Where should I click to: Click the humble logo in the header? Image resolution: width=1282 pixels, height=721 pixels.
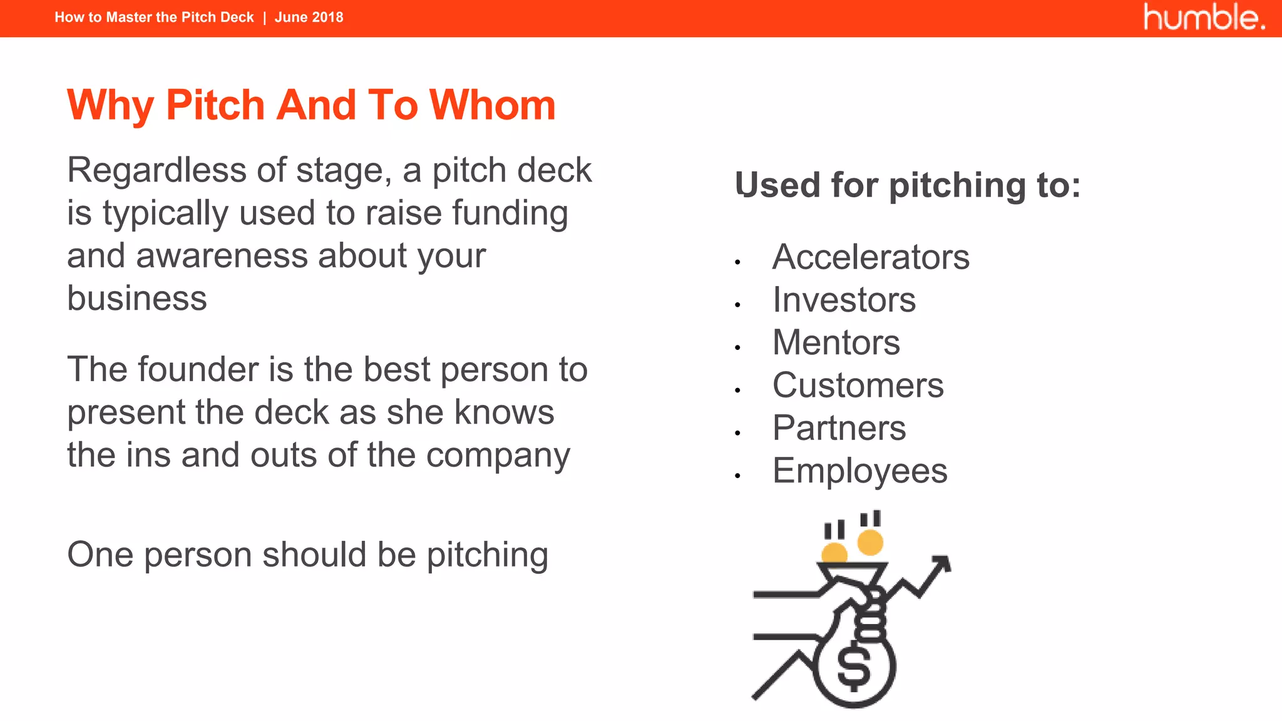pos(1204,17)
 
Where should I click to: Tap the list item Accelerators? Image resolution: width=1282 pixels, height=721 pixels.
pos(871,257)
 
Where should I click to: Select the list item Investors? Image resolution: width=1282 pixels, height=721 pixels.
pos(844,300)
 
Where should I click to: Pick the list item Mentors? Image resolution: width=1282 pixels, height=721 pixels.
pos(836,342)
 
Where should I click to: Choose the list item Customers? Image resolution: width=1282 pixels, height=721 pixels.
pos(858,385)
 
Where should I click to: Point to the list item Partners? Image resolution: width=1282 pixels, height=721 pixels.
pos(839,428)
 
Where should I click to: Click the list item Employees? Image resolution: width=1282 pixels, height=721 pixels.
pos(859,471)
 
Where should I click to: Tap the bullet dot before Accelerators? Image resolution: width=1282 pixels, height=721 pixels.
pos(738,262)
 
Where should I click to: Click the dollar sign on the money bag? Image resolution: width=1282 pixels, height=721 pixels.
pos(854,667)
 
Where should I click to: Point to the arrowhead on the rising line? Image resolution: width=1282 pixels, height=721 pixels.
pos(942,563)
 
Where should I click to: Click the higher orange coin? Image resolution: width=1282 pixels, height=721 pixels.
pos(870,542)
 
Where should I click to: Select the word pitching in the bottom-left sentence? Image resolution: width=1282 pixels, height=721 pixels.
pos(487,556)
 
